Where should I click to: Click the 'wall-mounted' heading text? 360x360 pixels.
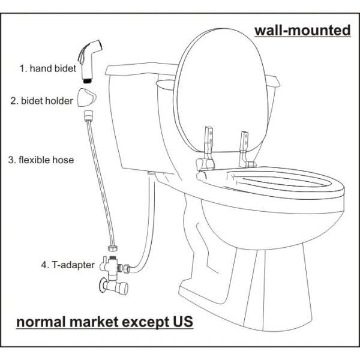[x=302, y=30]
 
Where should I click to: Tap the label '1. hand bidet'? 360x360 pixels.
[x=47, y=68]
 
